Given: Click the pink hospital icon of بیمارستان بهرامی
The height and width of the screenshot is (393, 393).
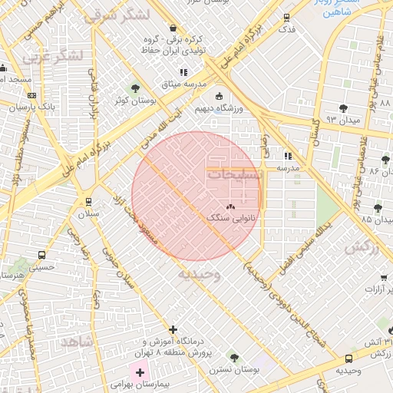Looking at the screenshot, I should [140, 372].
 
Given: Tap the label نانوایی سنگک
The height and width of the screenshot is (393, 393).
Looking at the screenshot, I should [233, 219].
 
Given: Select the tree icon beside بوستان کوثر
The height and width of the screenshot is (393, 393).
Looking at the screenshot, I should [135, 89].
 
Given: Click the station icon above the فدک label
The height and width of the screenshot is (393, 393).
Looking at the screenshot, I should [286, 17].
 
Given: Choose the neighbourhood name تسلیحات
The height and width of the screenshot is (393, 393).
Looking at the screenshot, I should [235, 175].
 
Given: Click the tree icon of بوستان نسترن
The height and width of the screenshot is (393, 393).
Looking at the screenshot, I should [233, 357].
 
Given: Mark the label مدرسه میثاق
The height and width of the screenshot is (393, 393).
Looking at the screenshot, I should [183, 84].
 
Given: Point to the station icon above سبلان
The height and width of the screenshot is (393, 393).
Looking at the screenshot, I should [88, 202].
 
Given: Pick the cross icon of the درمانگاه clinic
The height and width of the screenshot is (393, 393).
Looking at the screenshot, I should [173, 329].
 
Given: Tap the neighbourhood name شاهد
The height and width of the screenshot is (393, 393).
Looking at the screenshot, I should [78, 340].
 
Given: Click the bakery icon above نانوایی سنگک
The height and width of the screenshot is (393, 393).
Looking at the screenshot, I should [232, 206].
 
